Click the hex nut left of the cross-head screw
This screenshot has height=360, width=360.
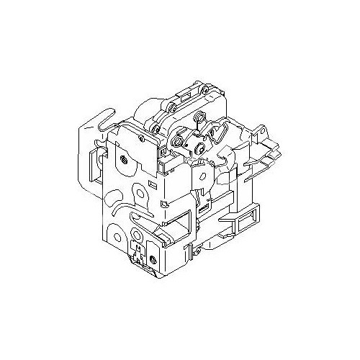point(176,143)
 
